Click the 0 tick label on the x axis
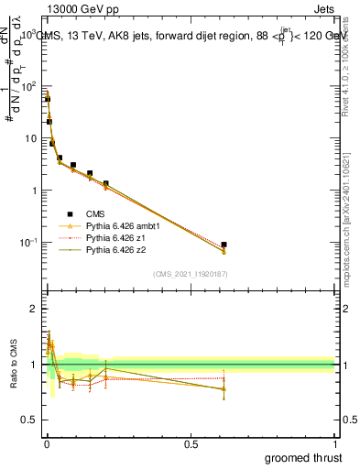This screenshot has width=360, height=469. (x=47, y=443)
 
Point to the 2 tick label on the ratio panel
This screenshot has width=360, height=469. (x=35, y=309)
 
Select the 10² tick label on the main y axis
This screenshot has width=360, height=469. (x=31, y=85)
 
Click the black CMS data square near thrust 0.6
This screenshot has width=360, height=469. (x=224, y=245)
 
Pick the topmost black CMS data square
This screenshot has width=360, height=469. (x=48, y=98)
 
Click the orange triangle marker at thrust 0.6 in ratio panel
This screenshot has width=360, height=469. (x=224, y=388)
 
